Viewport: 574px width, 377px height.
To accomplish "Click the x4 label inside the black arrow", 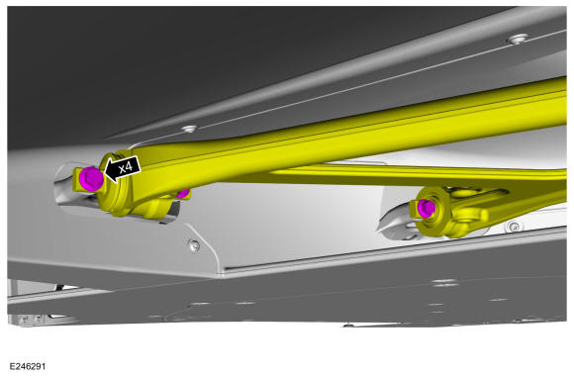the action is pos(126,167).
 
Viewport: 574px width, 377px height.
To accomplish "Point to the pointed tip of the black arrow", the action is pos(105,171).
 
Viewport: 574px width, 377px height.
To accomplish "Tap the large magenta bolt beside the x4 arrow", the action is pos(91,178).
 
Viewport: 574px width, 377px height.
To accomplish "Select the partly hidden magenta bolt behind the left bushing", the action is pos(183,193).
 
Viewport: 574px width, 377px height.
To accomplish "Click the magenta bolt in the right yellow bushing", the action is pos(427,208).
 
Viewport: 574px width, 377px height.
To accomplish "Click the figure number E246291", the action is pos(28,366).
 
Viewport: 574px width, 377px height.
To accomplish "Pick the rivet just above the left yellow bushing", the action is pos(189,129).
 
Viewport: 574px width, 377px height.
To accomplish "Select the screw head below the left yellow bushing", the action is pos(194,245).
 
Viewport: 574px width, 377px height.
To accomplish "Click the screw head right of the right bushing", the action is pos(515,227).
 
